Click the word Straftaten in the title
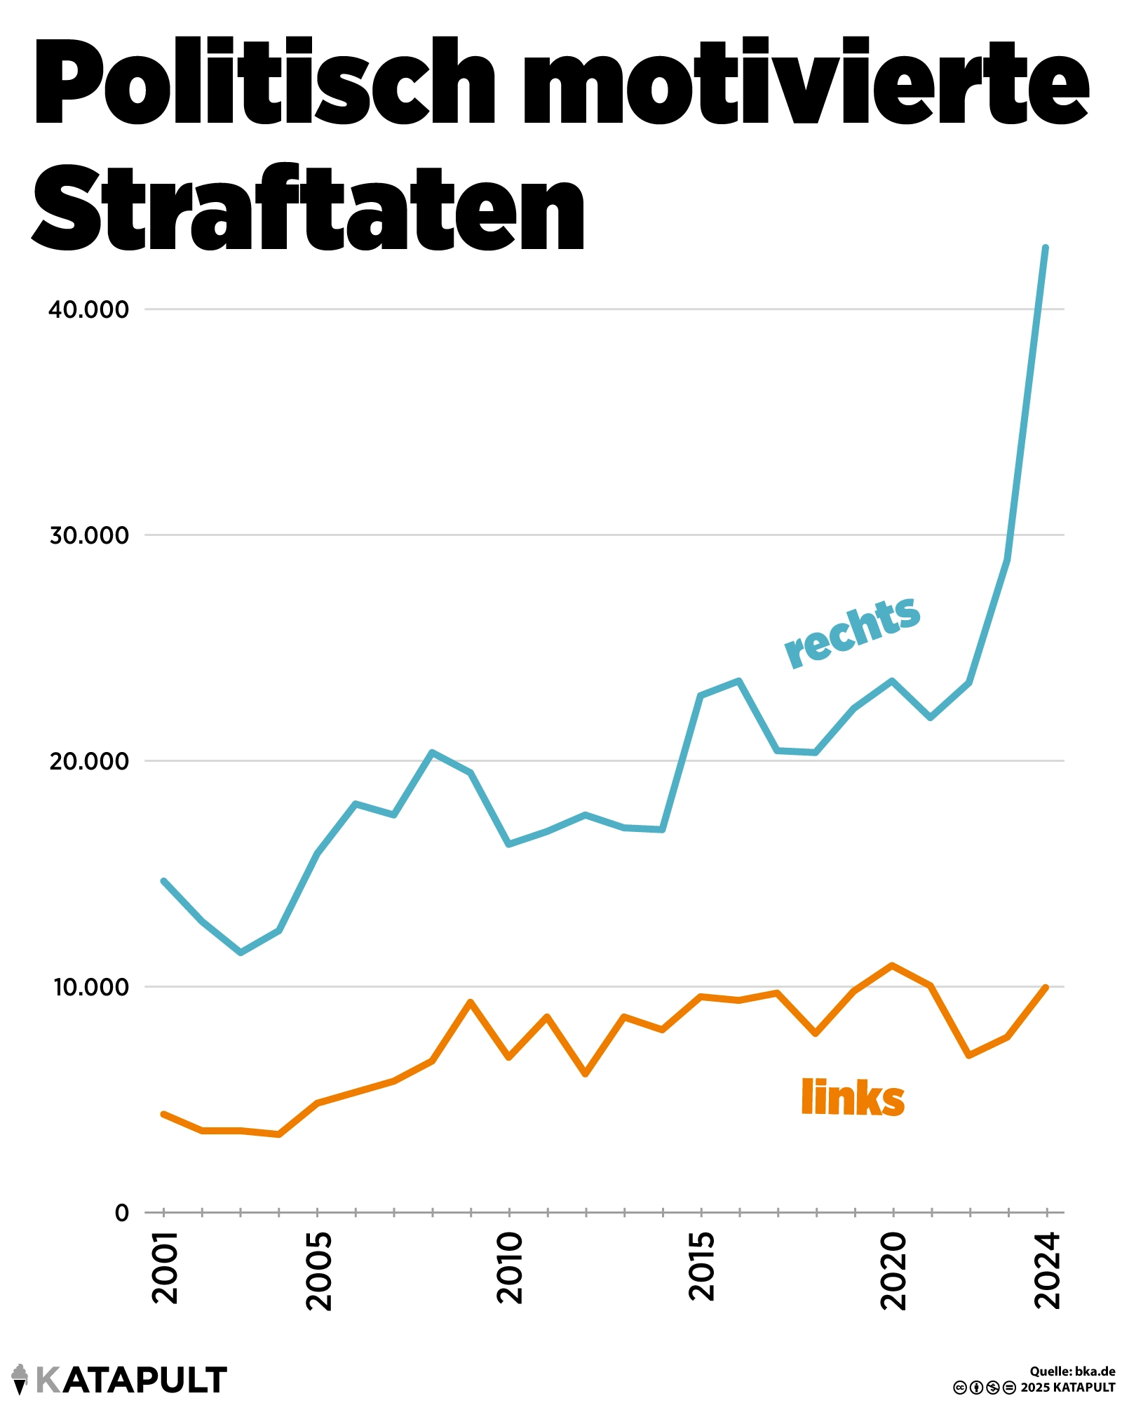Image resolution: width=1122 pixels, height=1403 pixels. (309, 208)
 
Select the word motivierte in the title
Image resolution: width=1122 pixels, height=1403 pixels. (806, 83)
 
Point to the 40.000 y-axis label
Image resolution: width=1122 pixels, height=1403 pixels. (89, 309)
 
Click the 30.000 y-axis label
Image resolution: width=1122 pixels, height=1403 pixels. (89, 535)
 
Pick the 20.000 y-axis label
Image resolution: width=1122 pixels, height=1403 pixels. (89, 761)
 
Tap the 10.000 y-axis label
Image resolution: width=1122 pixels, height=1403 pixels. (92, 987)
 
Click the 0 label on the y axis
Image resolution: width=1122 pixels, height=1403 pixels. (122, 1213)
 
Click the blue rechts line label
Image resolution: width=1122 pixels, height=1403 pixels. (852, 631)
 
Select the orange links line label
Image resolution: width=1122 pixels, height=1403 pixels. (852, 1099)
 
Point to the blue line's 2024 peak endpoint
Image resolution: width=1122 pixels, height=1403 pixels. (1046, 248)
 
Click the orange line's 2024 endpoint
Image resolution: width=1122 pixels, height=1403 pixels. (1046, 988)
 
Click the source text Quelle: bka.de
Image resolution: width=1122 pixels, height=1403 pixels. (1072, 1371)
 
